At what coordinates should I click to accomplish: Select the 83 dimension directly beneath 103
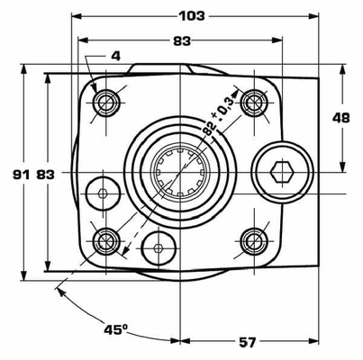pyautogui.click(x=181, y=40)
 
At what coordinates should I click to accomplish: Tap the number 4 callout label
pyautogui.click(x=115, y=56)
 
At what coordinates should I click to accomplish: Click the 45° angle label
pyautogui.click(x=113, y=330)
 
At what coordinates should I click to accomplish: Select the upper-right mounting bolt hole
pyautogui.click(x=254, y=99)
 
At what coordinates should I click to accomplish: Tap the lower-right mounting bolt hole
pyautogui.click(x=254, y=238)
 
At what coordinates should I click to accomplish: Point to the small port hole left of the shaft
pyautogui.click(x=102, y=193)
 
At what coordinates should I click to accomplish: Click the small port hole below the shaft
pyautogui.click(x=159, y=247)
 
